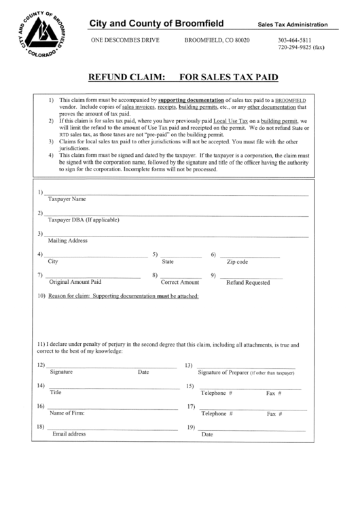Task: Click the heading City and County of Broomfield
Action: click(157, 24)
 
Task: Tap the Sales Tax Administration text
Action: click(292, 24)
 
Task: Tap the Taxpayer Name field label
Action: click(67, 200)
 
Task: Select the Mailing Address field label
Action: click(68, 241)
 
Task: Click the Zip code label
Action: click(238, 262)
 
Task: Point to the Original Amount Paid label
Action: click(75, 281)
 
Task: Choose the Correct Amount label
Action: click(180, 281)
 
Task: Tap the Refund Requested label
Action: click(248, 282)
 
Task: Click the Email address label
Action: click(69, 434)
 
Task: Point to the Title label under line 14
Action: click(56, 392)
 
